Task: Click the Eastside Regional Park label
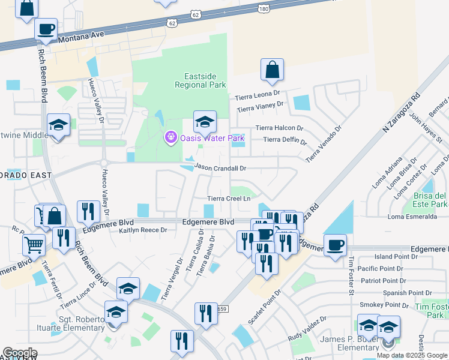point(200,80)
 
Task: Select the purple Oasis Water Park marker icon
point(170,138)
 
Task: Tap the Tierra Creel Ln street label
point(228,199)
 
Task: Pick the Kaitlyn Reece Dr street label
point(143,230)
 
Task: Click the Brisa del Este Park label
point(430,200)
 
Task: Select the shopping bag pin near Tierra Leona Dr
point(272,70)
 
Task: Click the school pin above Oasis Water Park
point(205,122)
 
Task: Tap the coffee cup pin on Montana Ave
point(46,28)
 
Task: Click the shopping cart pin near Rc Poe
point(34,244)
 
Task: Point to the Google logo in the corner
point(20,353)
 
